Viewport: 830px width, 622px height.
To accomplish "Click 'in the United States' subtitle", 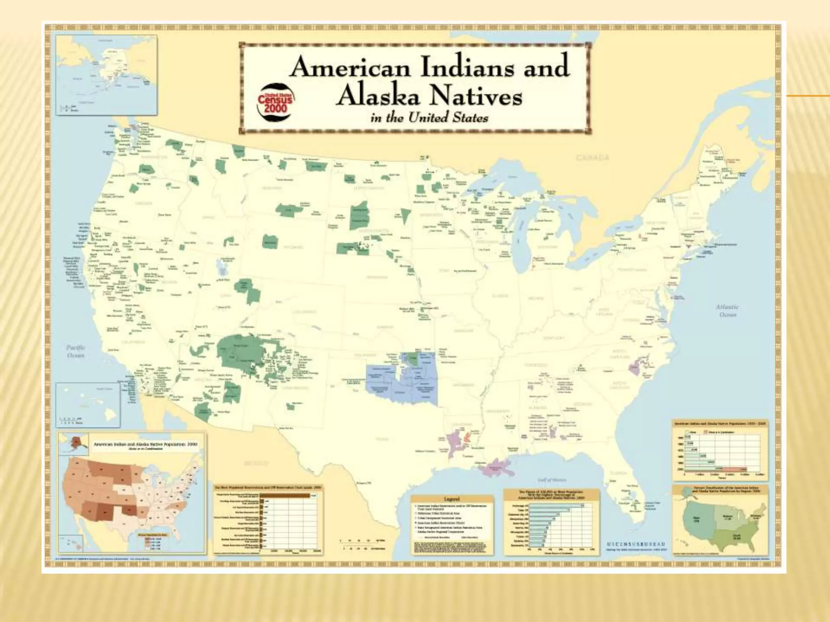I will click(x=429, y=118).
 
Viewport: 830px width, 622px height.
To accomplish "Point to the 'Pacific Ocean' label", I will click(x=76, y=351).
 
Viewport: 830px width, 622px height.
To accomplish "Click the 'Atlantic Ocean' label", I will click(x=727, y=311).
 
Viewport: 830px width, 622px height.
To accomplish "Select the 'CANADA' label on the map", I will click(x=593, y=158).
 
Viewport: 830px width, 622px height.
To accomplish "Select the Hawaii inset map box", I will click(x=88, y=405).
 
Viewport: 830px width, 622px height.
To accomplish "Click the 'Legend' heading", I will click(x=452, y=499).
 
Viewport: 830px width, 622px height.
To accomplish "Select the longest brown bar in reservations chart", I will click(x=285, y=495).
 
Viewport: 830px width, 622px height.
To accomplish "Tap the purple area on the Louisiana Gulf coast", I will click(x=496, y=469).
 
